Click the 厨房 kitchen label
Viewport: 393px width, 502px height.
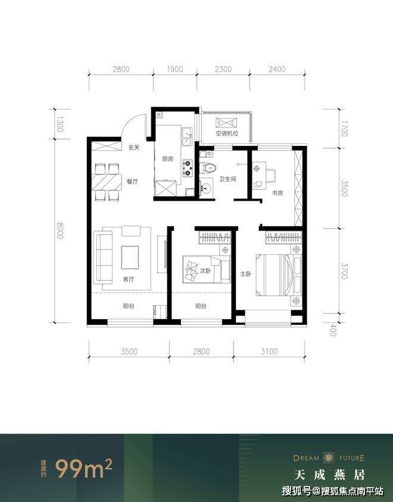coord(167,158)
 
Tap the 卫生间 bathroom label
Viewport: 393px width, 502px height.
coord(227,179)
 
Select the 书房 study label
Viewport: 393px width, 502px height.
coord(277,193)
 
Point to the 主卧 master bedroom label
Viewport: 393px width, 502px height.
coord(246,274)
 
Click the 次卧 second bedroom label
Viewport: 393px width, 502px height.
coord(205,271)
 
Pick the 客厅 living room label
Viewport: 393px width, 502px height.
coord(129,279)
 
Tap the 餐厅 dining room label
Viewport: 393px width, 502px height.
coord(132,182)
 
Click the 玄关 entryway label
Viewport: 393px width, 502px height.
coord(134,148)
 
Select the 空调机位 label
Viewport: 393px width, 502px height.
coord(227,133)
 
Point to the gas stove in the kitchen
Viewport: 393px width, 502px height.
coord(188,169)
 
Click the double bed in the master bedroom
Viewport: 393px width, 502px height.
coord(279,275)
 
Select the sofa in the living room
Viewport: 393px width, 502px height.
coord(104,258)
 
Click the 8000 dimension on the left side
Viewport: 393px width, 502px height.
coord(60,230)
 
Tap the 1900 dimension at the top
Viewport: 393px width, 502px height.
coord(175,69)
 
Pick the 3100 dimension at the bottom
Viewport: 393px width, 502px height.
coord(269,351)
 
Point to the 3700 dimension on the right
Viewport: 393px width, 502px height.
coord(344,271)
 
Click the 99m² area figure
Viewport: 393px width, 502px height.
coord(84,468)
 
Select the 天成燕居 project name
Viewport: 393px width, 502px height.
coord(330,475)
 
